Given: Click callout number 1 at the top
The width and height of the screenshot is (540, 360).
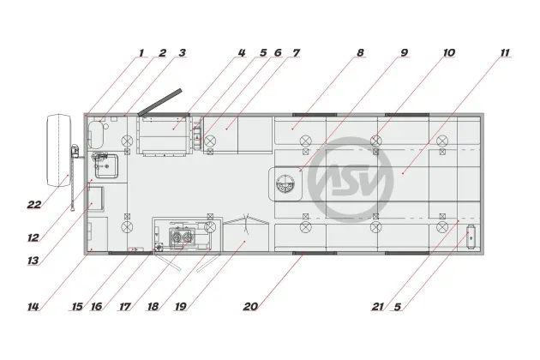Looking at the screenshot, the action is pos(141,52).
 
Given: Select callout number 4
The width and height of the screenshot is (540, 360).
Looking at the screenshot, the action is pos(242,52).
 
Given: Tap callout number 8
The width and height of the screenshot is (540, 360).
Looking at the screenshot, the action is pos(360,52).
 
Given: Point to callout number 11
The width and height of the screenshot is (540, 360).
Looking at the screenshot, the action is pos(505,52).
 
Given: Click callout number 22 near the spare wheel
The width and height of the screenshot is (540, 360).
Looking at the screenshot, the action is pos(34,205).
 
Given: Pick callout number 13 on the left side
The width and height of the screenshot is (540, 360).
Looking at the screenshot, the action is pos(33,261).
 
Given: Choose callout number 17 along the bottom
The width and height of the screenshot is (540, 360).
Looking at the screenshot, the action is pos(125,307).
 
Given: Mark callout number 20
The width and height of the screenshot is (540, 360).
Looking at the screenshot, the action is pos(250,307).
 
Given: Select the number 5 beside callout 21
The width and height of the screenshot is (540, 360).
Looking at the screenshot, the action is pos(398,307).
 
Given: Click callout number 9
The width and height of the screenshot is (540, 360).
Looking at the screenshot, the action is pos(405,52).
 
